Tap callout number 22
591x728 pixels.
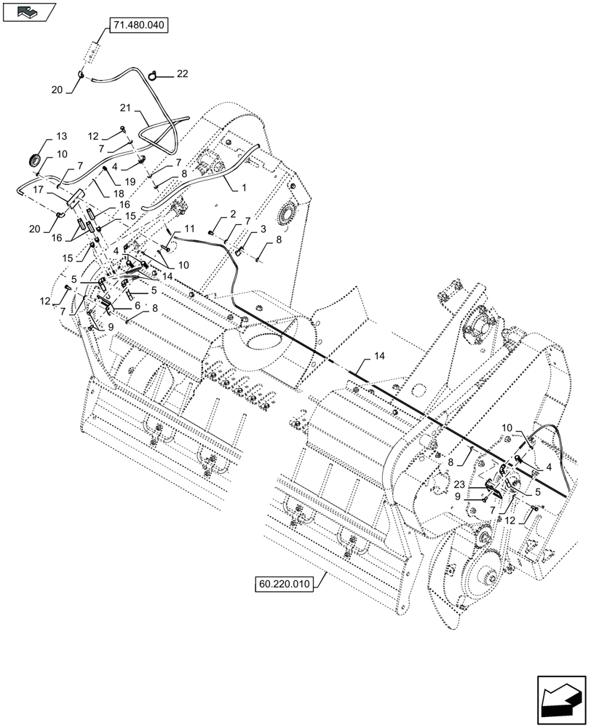[181, 74]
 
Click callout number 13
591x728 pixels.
[60, 137]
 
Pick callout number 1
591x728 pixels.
[244, 187]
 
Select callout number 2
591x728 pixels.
[232, 213]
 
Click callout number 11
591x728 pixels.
[189, 229]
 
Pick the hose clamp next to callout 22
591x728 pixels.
[154, 74]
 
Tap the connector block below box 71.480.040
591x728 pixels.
[93, 54]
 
